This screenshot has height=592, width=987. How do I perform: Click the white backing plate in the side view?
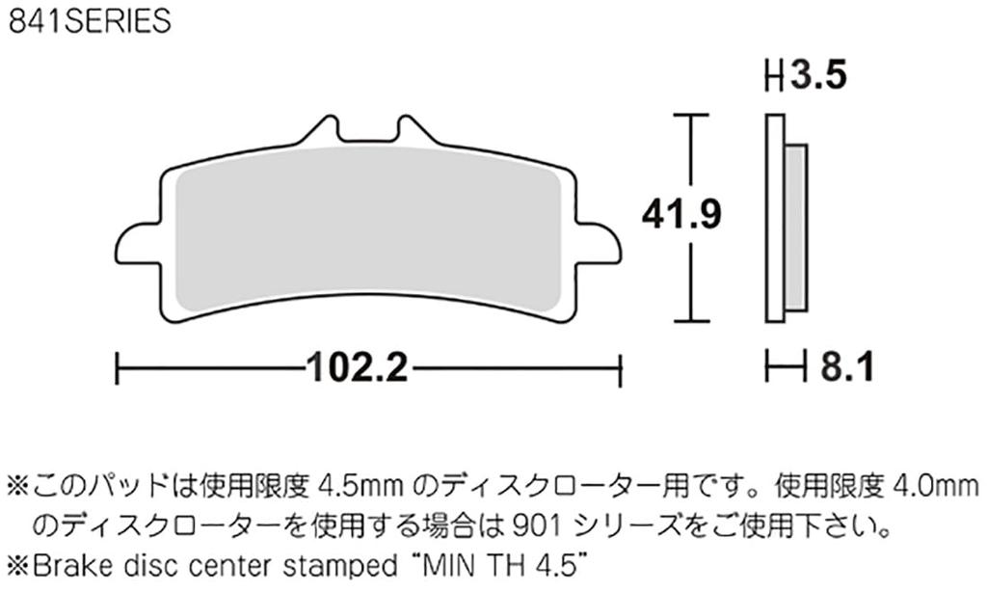coord(774,217)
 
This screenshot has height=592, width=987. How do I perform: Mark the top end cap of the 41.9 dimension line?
coord(684,116)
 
